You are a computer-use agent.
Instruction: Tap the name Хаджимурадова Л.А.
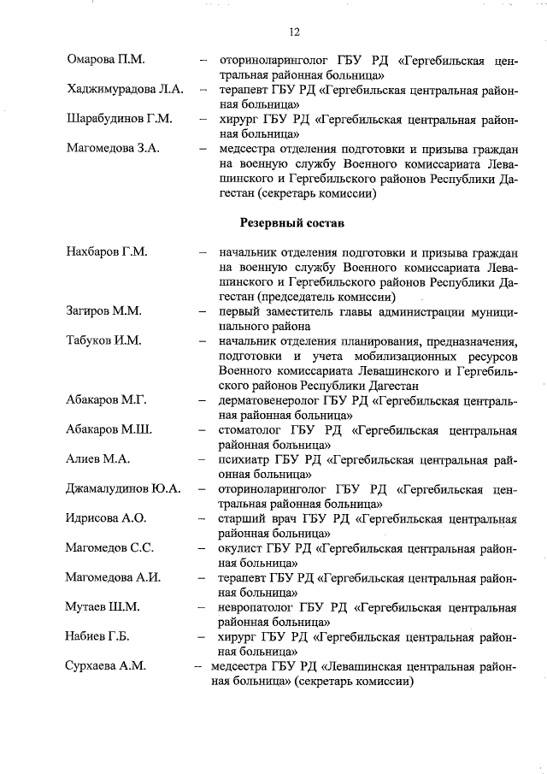(125, 89)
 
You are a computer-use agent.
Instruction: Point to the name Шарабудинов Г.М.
(119, 118)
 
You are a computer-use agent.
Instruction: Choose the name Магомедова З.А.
(113, 148)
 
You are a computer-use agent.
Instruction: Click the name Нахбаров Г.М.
(107, 252)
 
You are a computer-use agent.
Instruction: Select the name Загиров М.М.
(103, 311)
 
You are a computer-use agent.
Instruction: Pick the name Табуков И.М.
(103, 340)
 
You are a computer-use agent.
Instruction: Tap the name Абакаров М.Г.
(107, 399)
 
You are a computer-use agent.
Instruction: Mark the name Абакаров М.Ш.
(109, 429)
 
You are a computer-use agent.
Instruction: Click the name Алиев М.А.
(97, 459)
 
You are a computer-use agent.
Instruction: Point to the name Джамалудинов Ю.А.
(124, 488)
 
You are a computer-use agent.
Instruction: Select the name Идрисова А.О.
(106, 518)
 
